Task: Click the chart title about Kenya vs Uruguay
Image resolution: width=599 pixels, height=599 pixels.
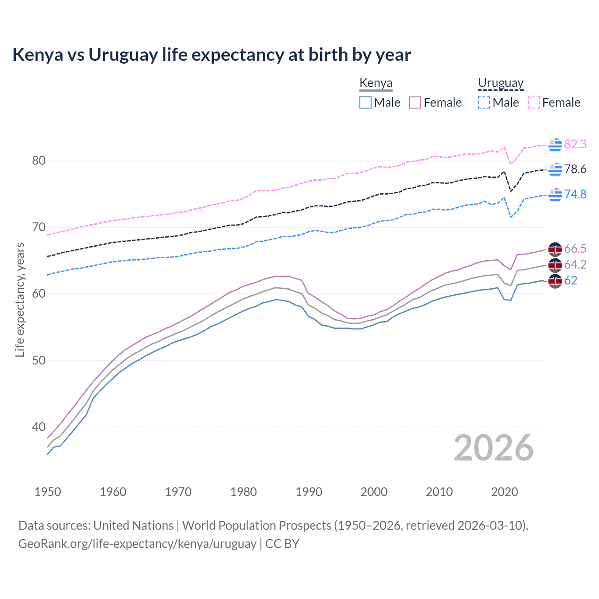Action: click(x=212, y=55)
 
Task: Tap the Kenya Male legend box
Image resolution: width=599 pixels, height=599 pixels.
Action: click(x=365, y=102)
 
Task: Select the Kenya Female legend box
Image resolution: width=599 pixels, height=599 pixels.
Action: click(x=415, y=102)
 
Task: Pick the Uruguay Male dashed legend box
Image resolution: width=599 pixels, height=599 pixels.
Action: click(x=484, y=102)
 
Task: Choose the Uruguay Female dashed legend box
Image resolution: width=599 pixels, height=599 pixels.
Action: click(x=534, y=102)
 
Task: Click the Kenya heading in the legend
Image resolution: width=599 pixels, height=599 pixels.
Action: click(x=376, y=83)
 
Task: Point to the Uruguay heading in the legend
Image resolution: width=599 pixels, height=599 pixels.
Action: click(x=500, y=83)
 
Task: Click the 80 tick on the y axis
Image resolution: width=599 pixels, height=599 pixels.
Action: click(x=39, y=161)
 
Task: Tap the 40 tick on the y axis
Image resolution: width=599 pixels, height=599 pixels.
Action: click(x=39, y=427)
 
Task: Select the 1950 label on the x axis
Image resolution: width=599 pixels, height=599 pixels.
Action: click(x=48, y=492)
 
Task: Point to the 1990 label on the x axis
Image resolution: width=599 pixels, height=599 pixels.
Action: click(x=309, y=492)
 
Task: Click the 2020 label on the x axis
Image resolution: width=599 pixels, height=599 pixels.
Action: click(x=504, y=492)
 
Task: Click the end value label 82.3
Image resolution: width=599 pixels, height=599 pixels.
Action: click(x=575, y=144)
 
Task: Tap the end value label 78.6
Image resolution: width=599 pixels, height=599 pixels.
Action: click(x=575, y=169)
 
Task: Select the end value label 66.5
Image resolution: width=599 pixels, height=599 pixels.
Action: click(x=575, y=248)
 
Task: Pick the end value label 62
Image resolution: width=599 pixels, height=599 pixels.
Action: click(x=570, y=280)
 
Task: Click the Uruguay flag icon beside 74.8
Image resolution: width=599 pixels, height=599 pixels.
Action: click(x=555, y=194)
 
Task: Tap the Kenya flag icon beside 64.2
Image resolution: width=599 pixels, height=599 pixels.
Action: click(x=555, y=265)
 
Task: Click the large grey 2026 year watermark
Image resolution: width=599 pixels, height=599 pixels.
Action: click(x=494, y=448)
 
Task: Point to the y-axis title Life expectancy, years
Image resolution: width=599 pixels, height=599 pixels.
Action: click(x=20, y=299)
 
